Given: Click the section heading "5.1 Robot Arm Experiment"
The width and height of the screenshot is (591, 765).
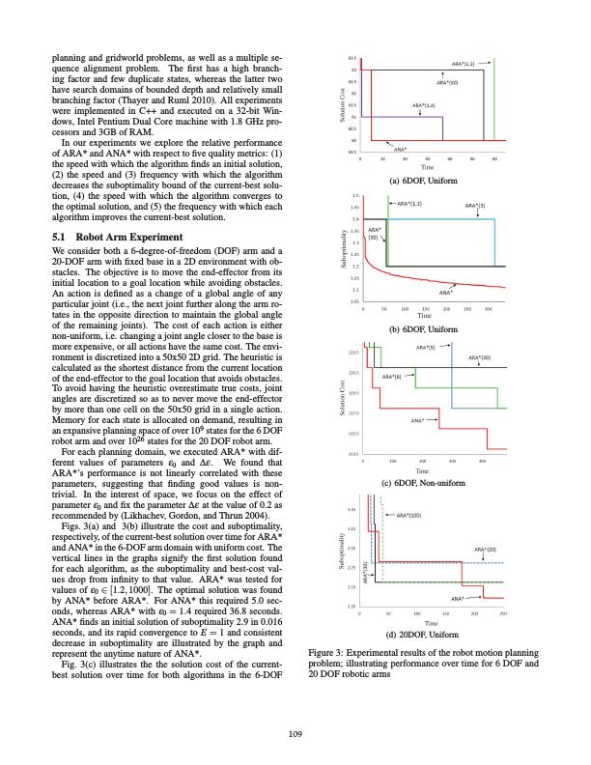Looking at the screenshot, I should pyautogui.click(x=110, y=236).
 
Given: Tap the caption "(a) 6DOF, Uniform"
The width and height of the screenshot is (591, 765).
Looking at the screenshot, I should pyautogui.click(x=423, y=181).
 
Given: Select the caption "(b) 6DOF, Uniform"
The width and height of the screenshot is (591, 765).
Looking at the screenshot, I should pyautogui.click(x=423, y=329).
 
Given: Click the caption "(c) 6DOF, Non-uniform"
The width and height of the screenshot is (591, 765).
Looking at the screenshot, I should pyautogui.click(x=423, y=482).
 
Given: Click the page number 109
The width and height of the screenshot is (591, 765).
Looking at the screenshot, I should pyautogui.click(x=295, y=736).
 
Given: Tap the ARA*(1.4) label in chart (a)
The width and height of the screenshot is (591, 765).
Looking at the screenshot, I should pyautogui.click(x=423, y=103).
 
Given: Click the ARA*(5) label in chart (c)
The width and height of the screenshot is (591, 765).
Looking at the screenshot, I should pyautogui.click(x=426, y=347).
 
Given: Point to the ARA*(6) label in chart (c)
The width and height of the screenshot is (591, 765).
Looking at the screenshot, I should pyautogui.click(x=392, y=376).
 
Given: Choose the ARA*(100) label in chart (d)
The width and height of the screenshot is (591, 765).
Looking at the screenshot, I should pyautogui.click(x=409, y=516).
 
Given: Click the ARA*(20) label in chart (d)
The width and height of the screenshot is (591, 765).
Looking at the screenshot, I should pyautogui.click(x=485, y=550).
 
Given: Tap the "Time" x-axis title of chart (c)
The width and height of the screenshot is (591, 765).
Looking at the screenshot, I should pyautogui.click(x=423, y=471).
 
